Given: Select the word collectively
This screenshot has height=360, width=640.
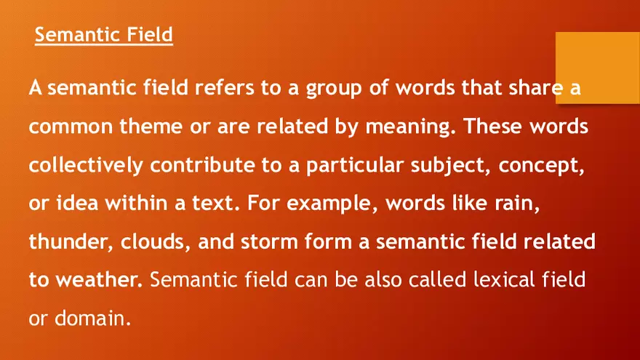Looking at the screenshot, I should pos(87,165).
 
